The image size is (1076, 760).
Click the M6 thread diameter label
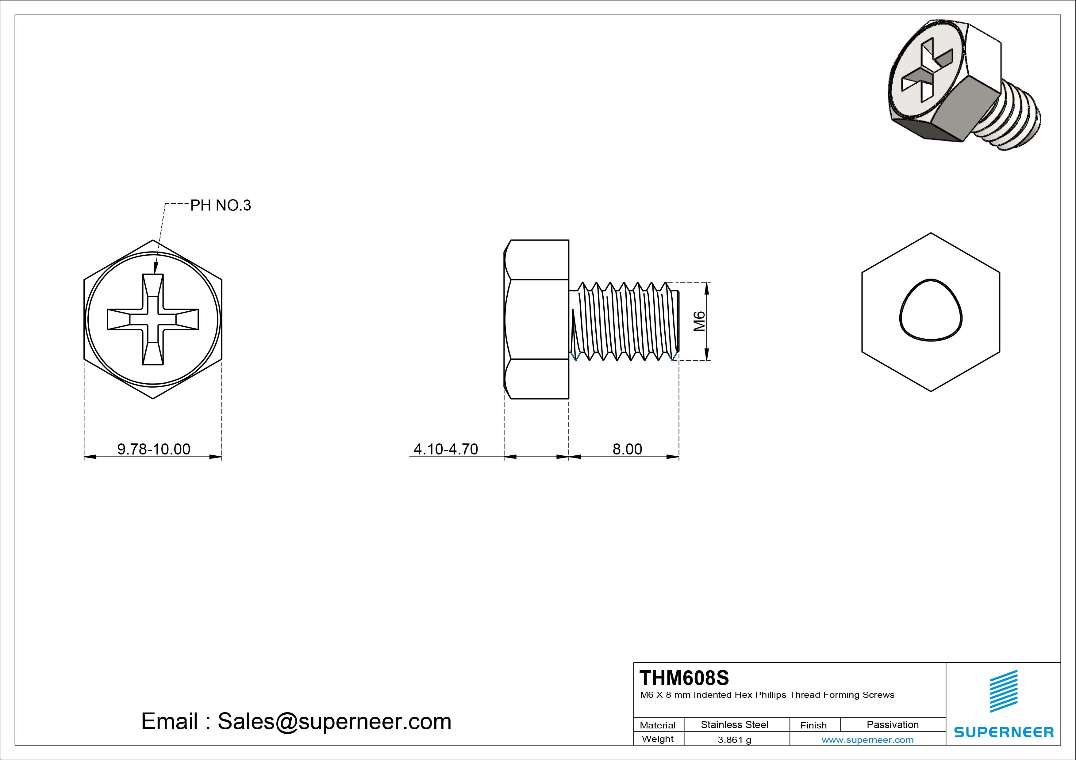(699, 321)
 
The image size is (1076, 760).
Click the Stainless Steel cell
(734, 724)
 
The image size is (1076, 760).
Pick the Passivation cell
(892, 724)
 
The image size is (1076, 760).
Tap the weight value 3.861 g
(734, 740)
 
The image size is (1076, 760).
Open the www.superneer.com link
(867, 740)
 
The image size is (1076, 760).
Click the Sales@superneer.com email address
(334, 722)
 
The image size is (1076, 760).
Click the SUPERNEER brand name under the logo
(1003, 732)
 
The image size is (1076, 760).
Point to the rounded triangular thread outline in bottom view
(931, 310)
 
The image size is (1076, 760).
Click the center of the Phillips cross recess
(153, 319)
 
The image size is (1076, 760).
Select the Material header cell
(658, 725)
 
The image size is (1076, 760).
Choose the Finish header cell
(813, 725)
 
